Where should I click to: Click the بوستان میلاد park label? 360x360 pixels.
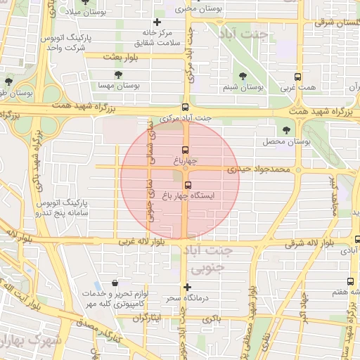tap(88, 13)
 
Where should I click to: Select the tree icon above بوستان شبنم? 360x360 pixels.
tap(243, 75)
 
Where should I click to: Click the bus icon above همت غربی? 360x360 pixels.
tap(299, 77)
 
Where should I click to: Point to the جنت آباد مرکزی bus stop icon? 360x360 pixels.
tap(185, 108)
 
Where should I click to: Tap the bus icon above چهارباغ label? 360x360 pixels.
tap(186, 150)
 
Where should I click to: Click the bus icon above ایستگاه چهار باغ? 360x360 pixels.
tap(187, 185)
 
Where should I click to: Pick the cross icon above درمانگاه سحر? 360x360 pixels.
tap(187, 287)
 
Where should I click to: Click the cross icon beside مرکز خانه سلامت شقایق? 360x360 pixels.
tap(157, 22)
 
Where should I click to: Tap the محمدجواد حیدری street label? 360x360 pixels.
tap(260, 169)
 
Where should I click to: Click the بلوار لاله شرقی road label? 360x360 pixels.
tap(314, 244)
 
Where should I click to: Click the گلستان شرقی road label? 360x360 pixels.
tap(333, 22)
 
